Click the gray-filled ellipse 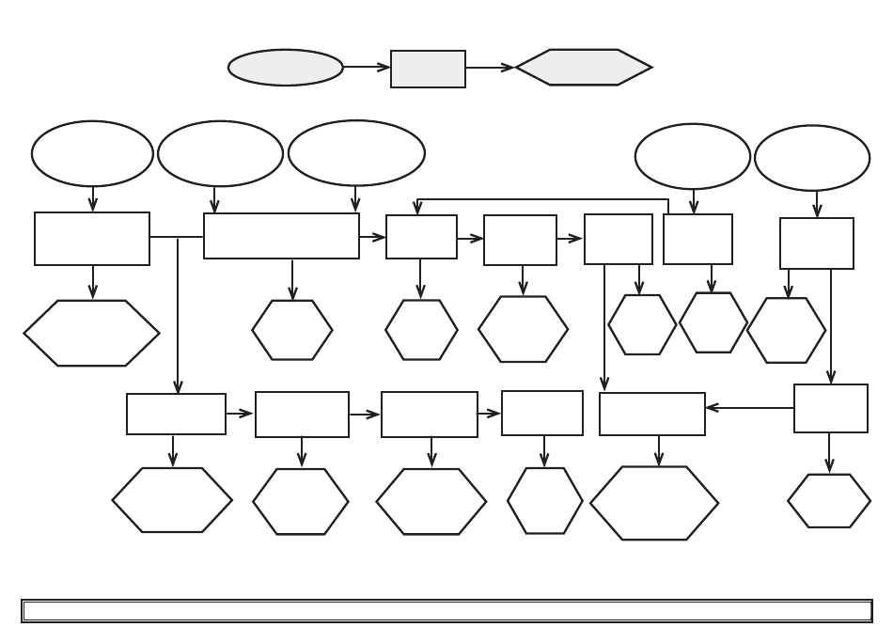(286, 68)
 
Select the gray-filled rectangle (428, 69)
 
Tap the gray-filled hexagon (584, 68)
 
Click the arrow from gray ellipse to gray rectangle (367, 68)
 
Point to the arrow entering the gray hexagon (491, 68)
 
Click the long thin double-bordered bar (446, 611)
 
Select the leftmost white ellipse (92, 153)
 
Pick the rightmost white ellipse (812, 158)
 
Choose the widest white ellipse (356, 153)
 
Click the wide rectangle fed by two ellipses (281, 235)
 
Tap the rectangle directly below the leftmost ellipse (92, 239)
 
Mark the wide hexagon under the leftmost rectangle (92, 333)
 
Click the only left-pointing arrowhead (712, 408)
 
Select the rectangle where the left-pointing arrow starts (831, 408)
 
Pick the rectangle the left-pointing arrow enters (652, 415)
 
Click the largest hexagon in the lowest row (654, 503)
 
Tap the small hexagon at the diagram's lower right (829, 501)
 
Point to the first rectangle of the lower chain (176, 414)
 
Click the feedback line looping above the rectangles (542, 199)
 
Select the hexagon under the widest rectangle (292, 330)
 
